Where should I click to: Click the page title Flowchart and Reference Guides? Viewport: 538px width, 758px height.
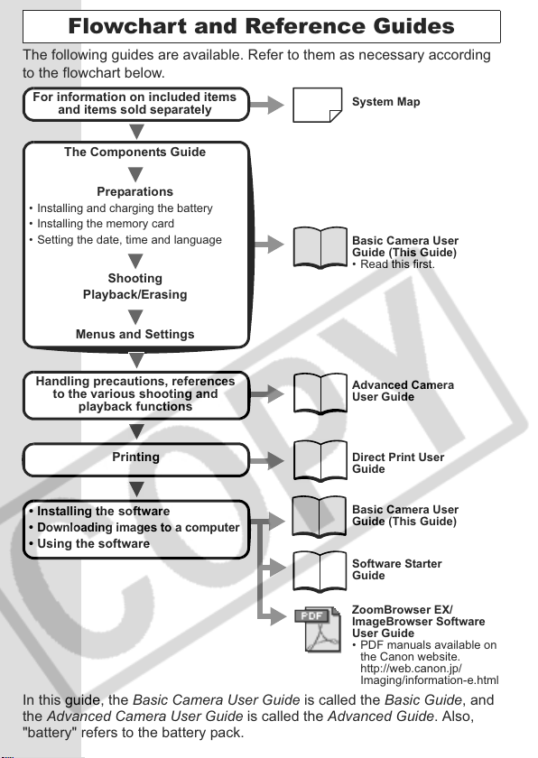point(261,26)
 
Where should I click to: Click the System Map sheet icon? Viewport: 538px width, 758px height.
point(317,105)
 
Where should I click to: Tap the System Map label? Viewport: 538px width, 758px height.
point(385,102)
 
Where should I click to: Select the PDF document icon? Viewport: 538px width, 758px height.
point(317,628)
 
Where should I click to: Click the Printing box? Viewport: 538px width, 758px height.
point(135,459)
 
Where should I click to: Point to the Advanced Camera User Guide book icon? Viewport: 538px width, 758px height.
point(320,394)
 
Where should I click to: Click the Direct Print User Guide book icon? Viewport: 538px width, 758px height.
point(320,461)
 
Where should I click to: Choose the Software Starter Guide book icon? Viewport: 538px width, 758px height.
point(320,571)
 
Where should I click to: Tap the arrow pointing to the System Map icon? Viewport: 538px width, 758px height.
point(267,105)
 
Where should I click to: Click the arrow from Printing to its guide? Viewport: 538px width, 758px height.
point(267,460)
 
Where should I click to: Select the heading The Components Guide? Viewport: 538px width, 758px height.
point(134,153)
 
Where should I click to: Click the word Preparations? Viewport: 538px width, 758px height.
point(134,192)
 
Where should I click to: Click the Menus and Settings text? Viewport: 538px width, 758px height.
point(134,334)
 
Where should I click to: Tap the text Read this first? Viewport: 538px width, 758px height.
point(394,264)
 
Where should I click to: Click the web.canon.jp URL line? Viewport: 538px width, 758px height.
point(411,669)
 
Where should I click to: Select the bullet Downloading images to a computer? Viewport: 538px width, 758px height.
point(134,527)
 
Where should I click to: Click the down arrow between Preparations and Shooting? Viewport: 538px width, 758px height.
point(135,261)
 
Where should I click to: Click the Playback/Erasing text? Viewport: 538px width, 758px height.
point(134,295)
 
